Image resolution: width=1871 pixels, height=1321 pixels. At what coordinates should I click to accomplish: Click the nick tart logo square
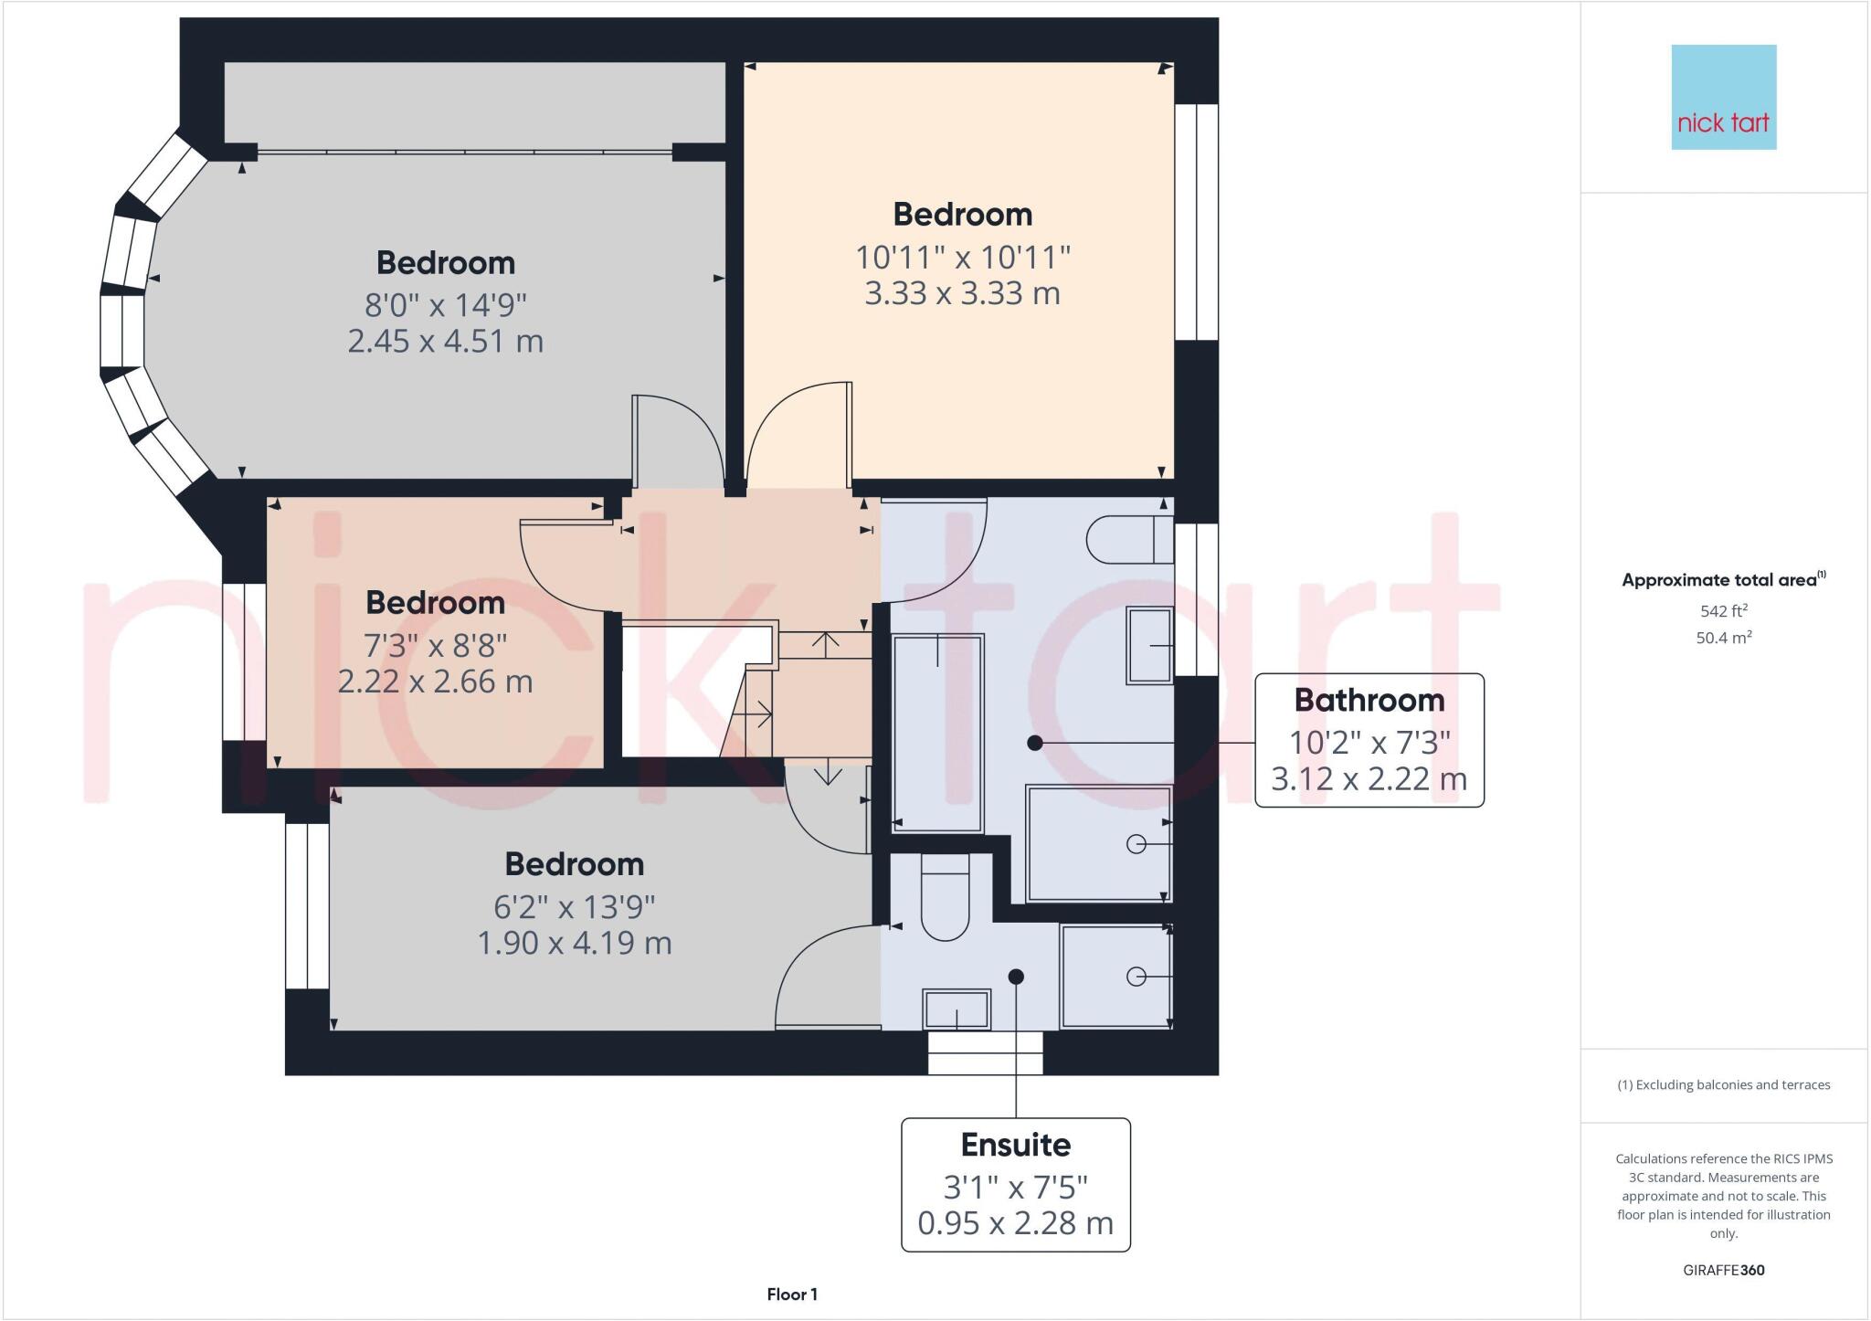[1723, 97]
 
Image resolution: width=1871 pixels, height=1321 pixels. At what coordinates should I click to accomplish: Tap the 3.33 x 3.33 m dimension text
[962, 294]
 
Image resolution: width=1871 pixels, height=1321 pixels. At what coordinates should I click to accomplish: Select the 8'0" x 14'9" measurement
[446, 304]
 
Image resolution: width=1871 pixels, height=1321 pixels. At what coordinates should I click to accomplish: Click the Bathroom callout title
[1369, 701]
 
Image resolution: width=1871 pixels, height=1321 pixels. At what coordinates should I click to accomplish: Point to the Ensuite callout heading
[1015, 1145]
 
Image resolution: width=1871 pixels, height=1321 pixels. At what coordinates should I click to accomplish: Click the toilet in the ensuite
[945, 900]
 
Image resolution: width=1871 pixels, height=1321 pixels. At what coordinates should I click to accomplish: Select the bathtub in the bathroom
[937, 733]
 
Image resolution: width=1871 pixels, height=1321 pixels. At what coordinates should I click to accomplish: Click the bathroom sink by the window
[1149, 645]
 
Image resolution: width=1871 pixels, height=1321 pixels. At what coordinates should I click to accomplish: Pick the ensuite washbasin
[956, 1009]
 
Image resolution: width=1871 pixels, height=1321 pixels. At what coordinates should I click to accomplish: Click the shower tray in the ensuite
[1115, 977]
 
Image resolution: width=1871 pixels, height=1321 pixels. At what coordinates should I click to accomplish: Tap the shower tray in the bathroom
[1098, 843]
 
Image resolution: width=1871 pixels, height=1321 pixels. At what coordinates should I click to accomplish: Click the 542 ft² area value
[1723, 611]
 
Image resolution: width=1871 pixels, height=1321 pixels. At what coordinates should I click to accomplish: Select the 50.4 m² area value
[1723, 638]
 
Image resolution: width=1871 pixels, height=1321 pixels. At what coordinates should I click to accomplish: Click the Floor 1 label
[792, 1295]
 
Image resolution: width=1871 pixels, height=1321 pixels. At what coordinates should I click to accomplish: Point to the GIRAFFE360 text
[1723, 1270]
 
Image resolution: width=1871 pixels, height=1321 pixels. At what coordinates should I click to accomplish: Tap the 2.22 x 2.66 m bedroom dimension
[435, 682]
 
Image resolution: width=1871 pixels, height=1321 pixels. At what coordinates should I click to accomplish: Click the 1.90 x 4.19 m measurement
[574, 943]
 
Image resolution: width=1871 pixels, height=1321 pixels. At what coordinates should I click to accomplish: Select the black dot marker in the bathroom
[1034, 743]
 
